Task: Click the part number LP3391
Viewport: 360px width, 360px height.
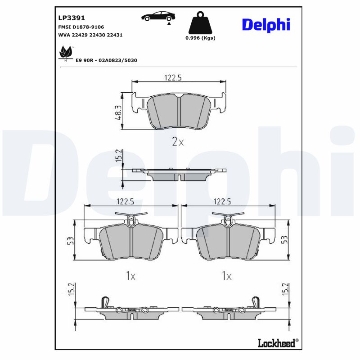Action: click(72, 18)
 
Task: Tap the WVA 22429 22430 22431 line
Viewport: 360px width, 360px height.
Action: click(90, 35)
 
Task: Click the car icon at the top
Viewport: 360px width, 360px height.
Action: click(157, 17)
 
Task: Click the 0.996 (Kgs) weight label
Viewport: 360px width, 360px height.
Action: click(200, 38)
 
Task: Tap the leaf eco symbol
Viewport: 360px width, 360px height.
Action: click(66, 53)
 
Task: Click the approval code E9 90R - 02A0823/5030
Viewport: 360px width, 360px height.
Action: click(106, 60)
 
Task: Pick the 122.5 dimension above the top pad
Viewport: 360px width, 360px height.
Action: click(173, 78)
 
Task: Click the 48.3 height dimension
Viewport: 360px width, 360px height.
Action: click(118, 112)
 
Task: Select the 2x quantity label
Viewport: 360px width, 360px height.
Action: click(178, 142)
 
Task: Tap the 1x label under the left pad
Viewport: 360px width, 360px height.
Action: click(130, 276)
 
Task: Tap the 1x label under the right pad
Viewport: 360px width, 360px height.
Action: click(226, 276)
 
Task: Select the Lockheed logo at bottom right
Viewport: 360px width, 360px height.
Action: click(278, 342)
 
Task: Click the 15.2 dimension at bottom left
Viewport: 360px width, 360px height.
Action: click(70, 290)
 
